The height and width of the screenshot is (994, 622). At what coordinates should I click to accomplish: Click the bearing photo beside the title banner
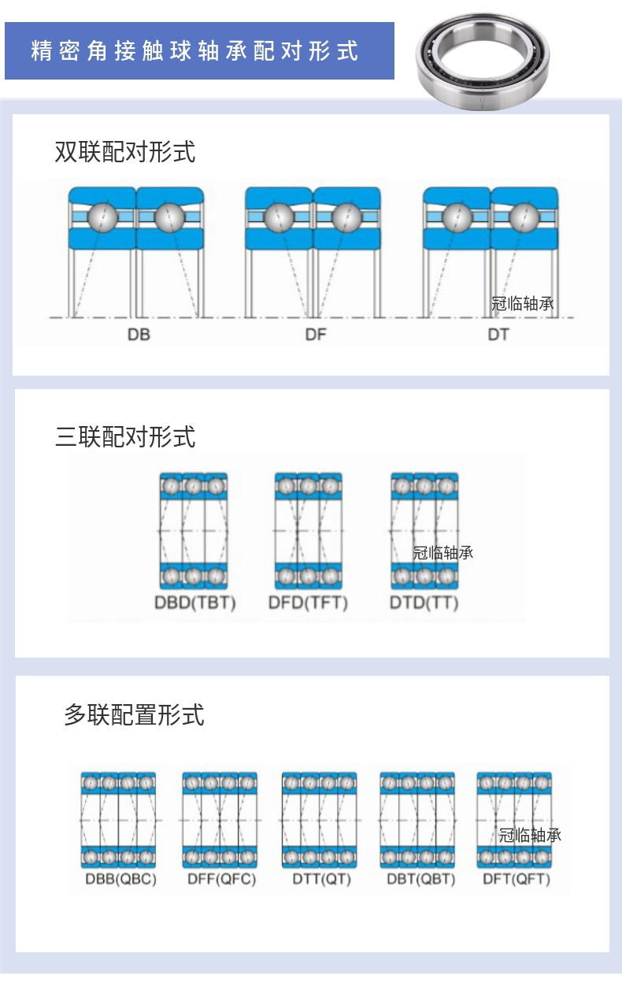(482, 60)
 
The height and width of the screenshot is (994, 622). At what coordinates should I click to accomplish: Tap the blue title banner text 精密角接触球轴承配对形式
(195, 51)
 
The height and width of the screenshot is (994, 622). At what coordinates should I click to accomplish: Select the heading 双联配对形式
(125, 150)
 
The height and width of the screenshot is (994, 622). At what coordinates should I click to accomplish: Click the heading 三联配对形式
(125, 436)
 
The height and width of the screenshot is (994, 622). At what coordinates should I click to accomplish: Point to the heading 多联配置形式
(134, 714)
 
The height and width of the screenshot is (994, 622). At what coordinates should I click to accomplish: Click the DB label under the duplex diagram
(139, 334)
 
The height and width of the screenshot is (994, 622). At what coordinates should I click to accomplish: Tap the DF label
(316, 334)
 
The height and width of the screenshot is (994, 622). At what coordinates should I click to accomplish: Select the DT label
(498, 334)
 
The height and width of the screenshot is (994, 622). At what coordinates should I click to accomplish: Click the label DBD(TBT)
(194, 603)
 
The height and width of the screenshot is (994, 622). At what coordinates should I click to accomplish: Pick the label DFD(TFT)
(308, 603)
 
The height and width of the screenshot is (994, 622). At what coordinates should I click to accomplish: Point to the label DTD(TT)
(424, 603)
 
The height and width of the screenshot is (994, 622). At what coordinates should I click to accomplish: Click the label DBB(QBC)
(120, 879)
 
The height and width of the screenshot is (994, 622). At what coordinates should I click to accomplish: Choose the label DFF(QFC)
(222, 879)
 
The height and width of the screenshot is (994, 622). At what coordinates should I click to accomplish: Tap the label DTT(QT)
(321, 879)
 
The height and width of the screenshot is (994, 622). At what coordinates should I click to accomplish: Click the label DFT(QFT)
(516, 879)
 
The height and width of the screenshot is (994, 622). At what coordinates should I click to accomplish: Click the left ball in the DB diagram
(102, 217)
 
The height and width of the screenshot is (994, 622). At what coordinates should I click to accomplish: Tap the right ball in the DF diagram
(346, 217)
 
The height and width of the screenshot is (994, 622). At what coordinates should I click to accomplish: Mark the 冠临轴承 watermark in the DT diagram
(522, 304)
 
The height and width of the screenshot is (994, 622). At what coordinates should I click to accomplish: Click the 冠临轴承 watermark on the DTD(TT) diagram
(443, 553)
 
